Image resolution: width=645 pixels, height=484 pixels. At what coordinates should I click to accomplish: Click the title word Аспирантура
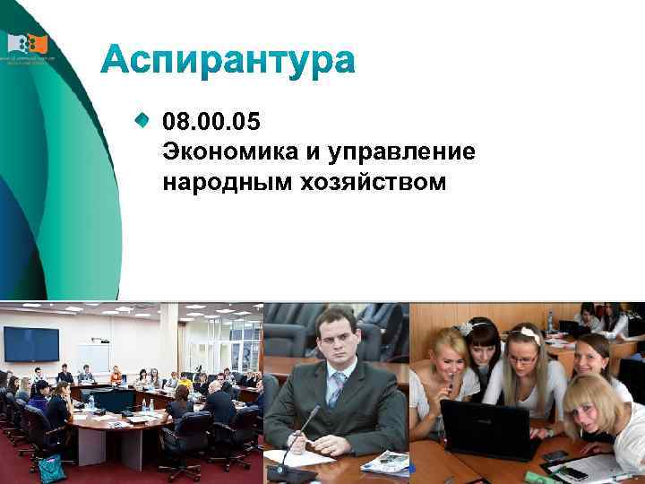pos(228,62)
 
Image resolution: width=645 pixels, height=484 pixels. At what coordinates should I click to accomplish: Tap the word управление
pos(402,151)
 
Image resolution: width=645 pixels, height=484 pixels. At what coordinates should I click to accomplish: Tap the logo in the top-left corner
pos(27,46)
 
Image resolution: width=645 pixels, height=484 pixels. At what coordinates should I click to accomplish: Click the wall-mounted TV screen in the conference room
pos(31,343)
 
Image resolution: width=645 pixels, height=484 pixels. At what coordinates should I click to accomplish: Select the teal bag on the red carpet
pos(51,467)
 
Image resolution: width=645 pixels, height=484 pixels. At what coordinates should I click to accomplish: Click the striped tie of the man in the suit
pos(336,389)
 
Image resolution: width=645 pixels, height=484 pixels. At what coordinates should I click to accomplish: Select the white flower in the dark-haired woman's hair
pos(466,328)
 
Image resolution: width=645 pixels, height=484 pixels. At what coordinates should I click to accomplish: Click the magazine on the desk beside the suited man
pos(386,462)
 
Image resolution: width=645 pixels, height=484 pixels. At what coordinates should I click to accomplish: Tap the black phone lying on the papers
pos(574,471)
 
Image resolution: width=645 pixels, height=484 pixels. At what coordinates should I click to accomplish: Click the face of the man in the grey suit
pos(338,339)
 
